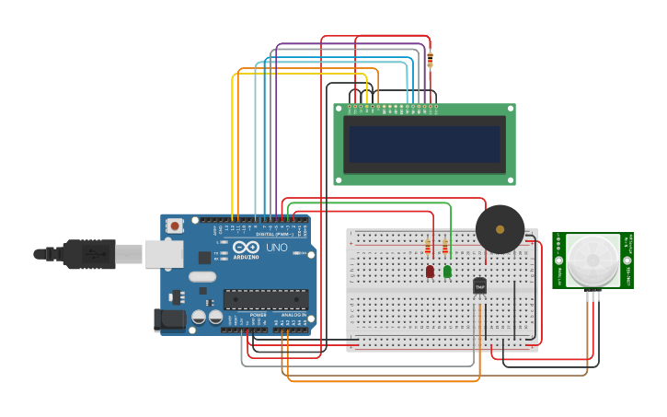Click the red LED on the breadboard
pos(430,272)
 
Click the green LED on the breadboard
pos(447,272)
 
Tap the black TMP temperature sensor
pos(479,286)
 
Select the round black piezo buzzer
pos(500,229)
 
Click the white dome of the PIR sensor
pos(592,261)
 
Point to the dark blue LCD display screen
pos(424,144)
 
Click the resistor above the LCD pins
pos(430,60)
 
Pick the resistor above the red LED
pos(428,248)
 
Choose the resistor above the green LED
pos(445,248)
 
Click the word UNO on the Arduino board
pos(277,248)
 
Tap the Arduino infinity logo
pos(246,247)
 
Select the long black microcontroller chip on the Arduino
pos(265,299)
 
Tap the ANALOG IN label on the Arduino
pos(293,315)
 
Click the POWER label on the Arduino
pos(259,315)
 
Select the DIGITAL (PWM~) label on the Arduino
pos(274,235)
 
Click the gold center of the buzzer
pos(500,229)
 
